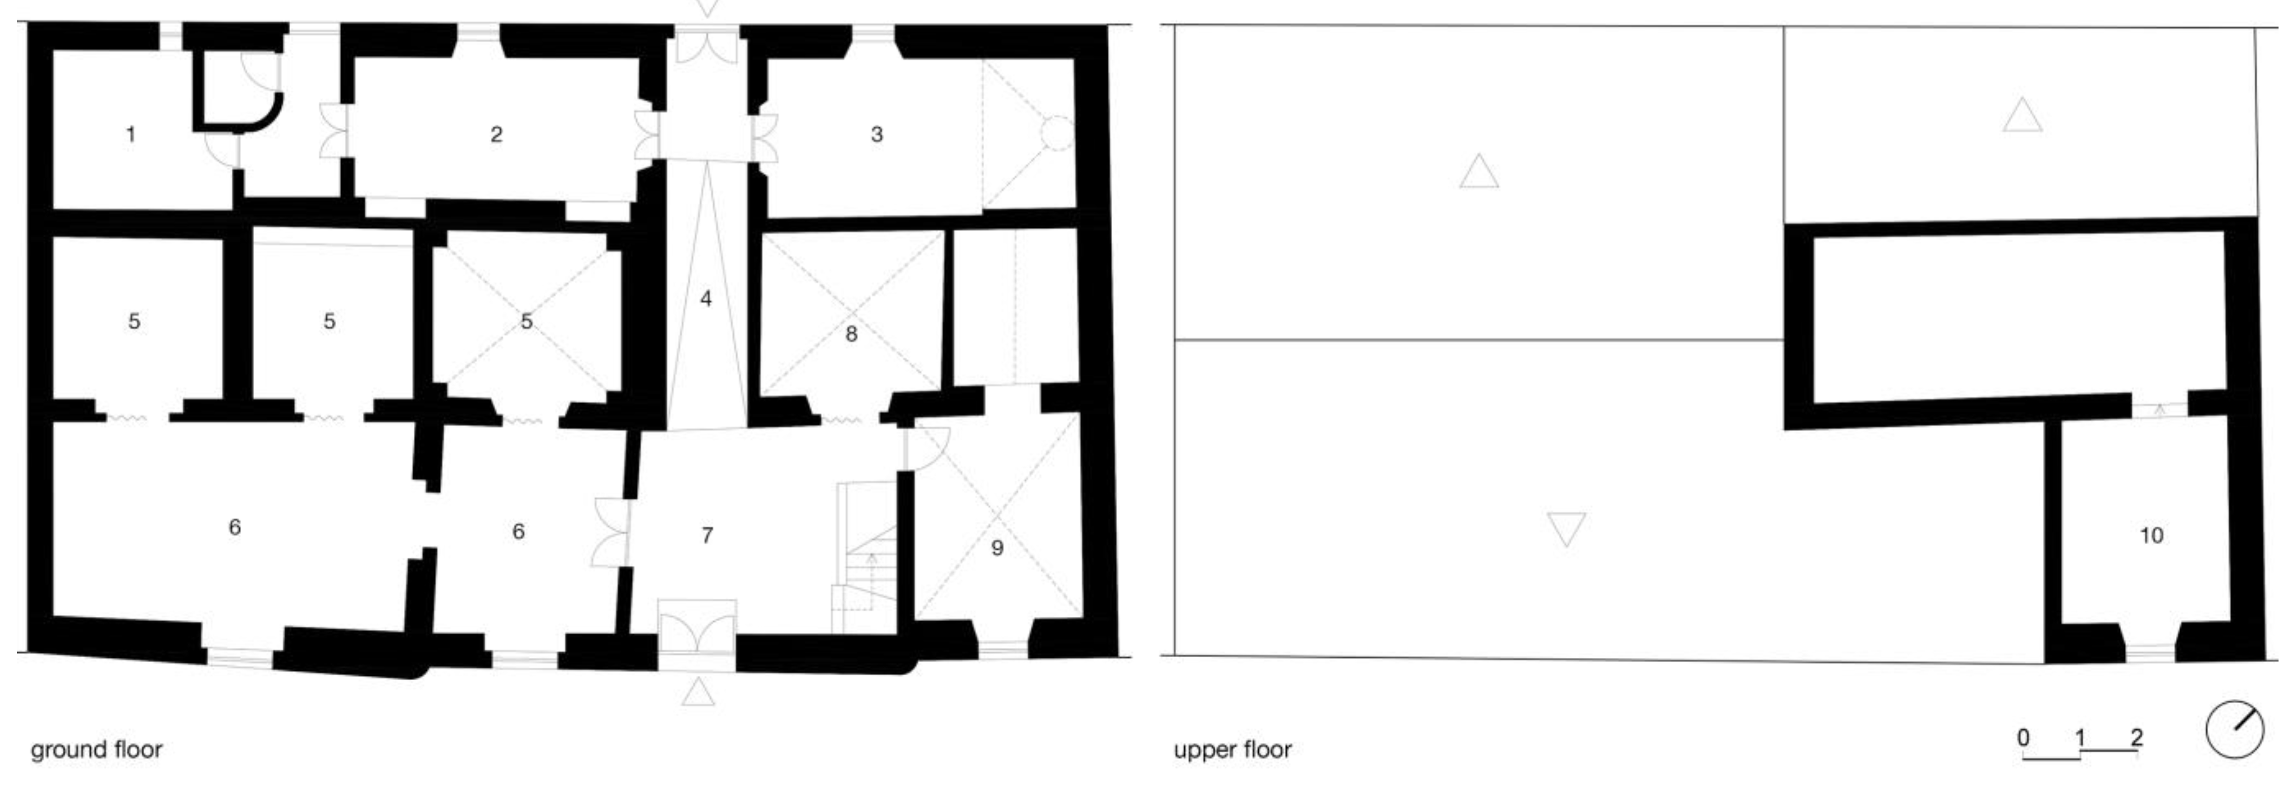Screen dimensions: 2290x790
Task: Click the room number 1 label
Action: pyautogui.click(x=131, y=135)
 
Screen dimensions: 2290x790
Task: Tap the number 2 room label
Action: pyautogui.click(x=496, y=134)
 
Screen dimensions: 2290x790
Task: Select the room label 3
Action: pyautogui.click(x=877, y=134)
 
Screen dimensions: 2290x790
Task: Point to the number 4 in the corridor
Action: pyautogui.click(x=706, y=299)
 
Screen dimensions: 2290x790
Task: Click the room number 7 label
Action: pyautogui.click(x=707, y=535)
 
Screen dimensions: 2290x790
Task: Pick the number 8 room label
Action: pyautogui.click(x=852, y=334)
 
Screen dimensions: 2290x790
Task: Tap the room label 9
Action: pyautogui.click(x=997, y=547)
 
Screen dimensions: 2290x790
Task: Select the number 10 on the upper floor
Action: pyautogui.click(x=2151, y=535)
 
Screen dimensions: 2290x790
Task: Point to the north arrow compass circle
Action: pyautogui.click(x=2235, y=730)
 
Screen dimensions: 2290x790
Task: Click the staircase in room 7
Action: pyautogui.click(x=864, y=558)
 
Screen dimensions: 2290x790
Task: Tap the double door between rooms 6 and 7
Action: pyautogui.click(x=610, y=532)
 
